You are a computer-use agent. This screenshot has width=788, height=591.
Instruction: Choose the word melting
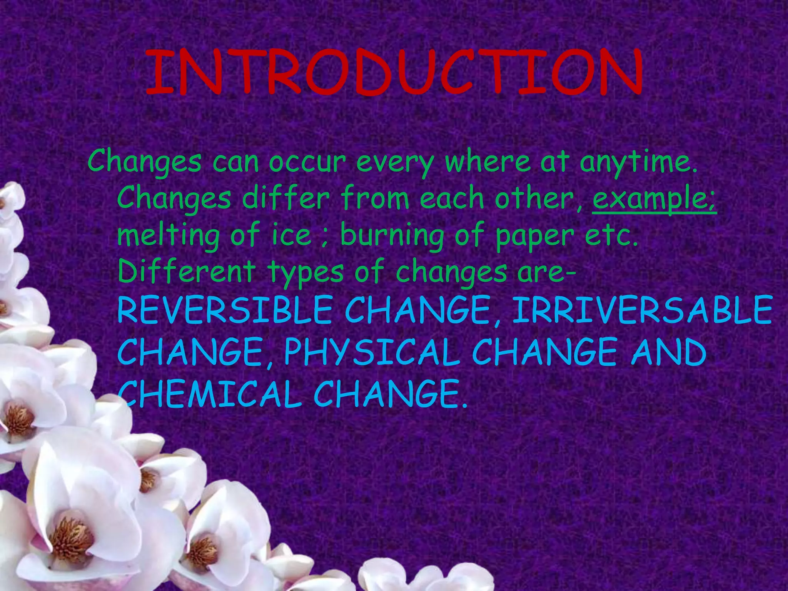[x=168, y=235]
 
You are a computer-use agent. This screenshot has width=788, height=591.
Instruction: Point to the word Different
[x=186, y=271]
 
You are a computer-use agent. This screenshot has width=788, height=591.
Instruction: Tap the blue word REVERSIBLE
[x=224, y=310]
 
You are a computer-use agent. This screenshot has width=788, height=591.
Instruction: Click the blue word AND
[x=668, y=352]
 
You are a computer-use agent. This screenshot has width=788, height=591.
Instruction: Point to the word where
[x=488, y=162]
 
